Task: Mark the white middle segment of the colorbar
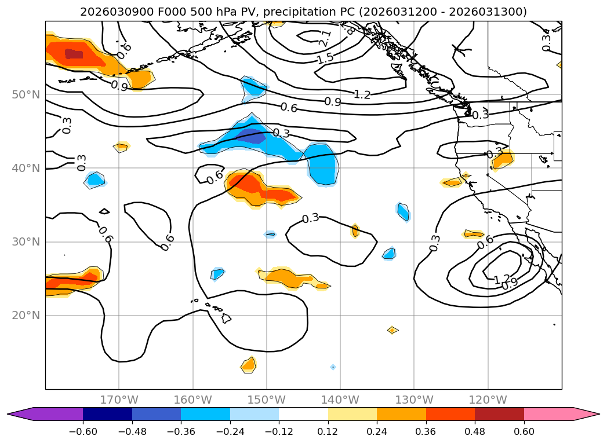[x=303, y=414]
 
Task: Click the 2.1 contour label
[x=325, y=39]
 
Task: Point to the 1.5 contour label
[x=325, y=58]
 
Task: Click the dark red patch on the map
[x=74, y=54]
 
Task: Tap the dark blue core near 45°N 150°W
[x=251, y=137]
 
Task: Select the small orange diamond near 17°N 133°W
[x=392, y=330]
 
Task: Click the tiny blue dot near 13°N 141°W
[x=333, y=367]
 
